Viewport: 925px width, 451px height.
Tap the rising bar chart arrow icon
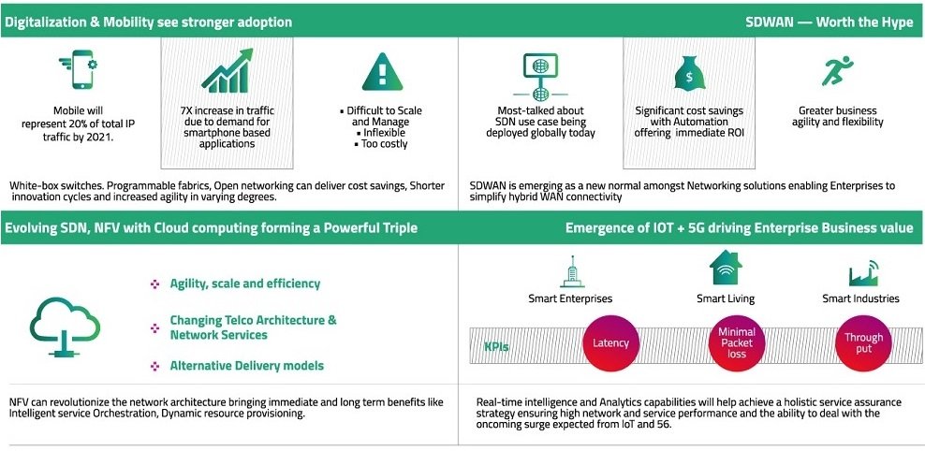pos(228,71)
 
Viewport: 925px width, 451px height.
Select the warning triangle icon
pos(382,71)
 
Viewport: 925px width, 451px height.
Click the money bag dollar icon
pos(690,72)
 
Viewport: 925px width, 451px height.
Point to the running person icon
pos(837,71)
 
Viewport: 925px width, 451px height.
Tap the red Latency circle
pos(611,343)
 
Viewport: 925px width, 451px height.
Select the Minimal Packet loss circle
pos(736,343)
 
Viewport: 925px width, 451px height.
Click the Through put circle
pos(863,343)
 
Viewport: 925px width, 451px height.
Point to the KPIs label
pos(496,346)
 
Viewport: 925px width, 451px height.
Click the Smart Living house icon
pos(726,268)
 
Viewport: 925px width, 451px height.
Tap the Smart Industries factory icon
pos(863,272)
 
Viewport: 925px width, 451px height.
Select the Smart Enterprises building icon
pos(571,271)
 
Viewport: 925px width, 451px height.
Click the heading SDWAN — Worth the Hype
pos(830,22)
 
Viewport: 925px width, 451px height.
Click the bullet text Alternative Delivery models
pos(246,366)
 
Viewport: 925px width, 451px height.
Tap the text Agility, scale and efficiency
pos(244,284)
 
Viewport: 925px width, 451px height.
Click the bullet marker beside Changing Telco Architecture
pos(155,327)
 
